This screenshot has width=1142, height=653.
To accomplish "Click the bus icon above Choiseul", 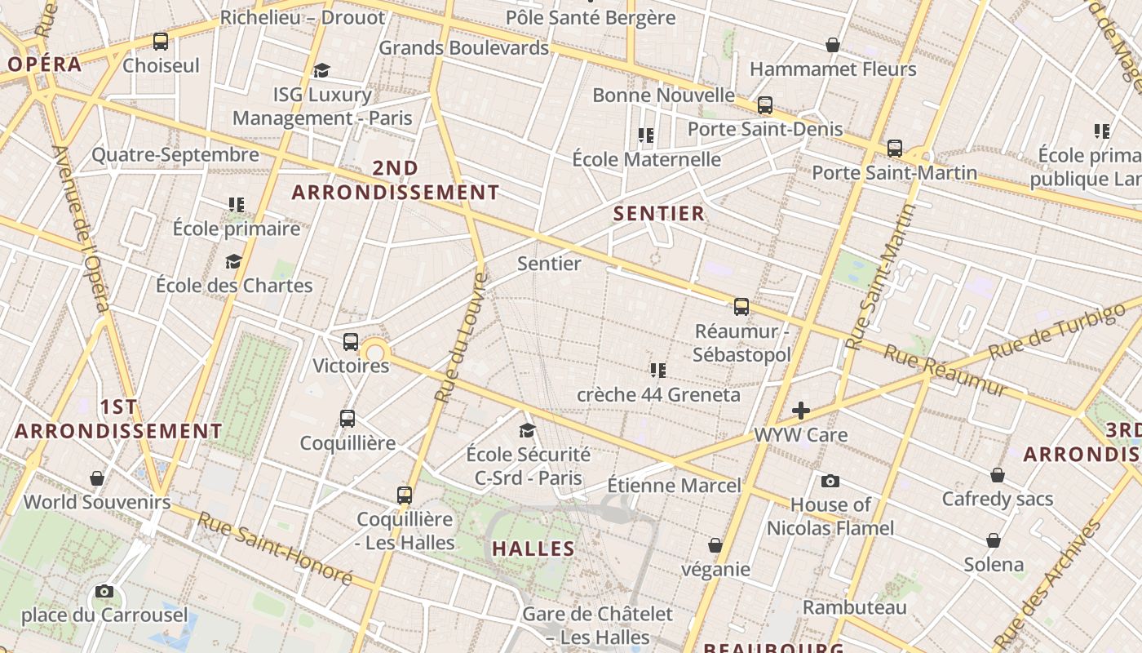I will (161, 42).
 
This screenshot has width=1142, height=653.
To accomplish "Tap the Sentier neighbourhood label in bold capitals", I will (658, 214).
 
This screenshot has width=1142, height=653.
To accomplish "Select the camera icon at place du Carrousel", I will (104, 591).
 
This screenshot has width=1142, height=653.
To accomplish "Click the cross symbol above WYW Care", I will (801, 411).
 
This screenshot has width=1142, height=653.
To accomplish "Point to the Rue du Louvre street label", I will (460, 337).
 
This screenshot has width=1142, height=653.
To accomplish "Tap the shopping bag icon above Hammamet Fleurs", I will (833, 45).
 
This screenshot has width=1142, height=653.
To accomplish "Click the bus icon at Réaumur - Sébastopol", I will (741, 307).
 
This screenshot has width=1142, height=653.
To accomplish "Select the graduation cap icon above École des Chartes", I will (234, 261).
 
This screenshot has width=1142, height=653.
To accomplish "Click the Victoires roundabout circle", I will (375, 353).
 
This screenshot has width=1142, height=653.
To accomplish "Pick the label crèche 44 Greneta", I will (658, 395).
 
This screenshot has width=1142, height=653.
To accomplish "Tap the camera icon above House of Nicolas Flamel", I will (830, 481).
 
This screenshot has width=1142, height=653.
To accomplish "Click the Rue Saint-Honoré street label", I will (276, 548).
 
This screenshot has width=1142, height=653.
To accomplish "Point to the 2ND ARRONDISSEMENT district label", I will (396, 180).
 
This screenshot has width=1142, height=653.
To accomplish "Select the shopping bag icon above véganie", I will (715, 544).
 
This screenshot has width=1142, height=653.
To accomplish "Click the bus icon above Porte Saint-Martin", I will (895, 149).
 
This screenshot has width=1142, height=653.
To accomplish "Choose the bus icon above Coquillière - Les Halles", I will (405, 495).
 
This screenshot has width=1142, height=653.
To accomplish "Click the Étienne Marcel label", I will (675, 486).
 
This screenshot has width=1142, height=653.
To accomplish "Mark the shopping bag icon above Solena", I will (994, 540).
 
